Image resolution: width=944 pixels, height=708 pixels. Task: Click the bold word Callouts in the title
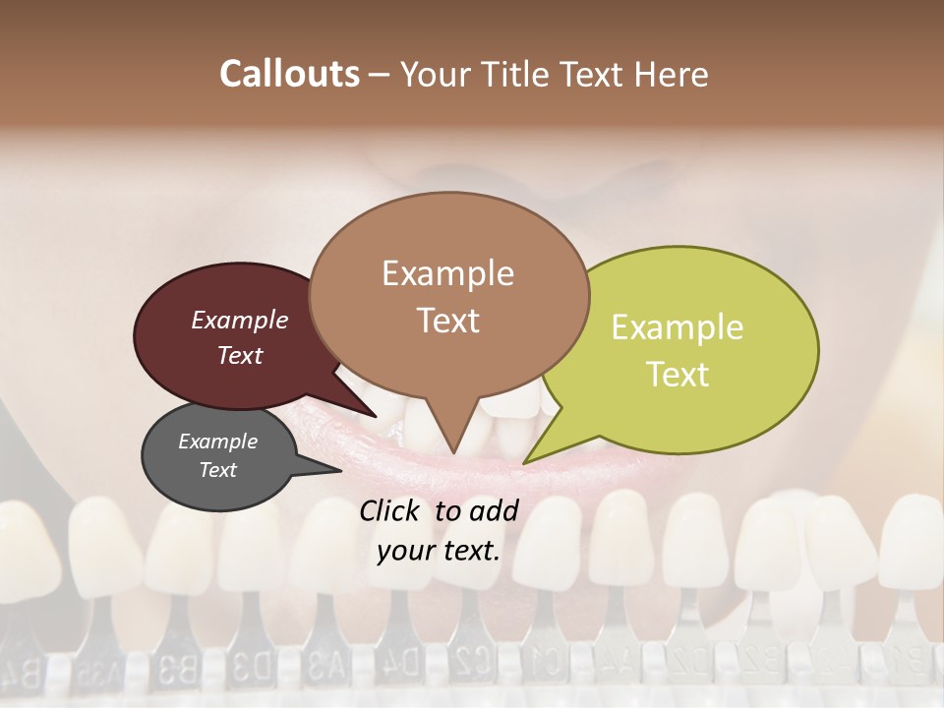[289, 74]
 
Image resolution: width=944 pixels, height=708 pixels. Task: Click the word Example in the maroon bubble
[239, 320]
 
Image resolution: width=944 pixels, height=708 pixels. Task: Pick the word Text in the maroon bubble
[239, 355]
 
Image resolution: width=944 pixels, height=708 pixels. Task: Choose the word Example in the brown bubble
[447, 272]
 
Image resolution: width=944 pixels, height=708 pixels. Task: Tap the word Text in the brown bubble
[447, 320]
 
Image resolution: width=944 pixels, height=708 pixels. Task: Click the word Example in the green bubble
[678, 326]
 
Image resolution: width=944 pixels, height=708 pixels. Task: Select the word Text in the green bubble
[678, 374]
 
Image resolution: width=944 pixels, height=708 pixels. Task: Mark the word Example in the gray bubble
[217, 442]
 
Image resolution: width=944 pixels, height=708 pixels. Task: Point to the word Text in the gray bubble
[217, 470]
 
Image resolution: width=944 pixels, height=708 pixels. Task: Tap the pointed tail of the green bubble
[531, 458]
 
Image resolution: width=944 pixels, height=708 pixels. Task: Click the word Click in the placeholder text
[391, 510]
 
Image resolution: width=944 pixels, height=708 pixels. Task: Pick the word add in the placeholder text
[496, 510]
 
